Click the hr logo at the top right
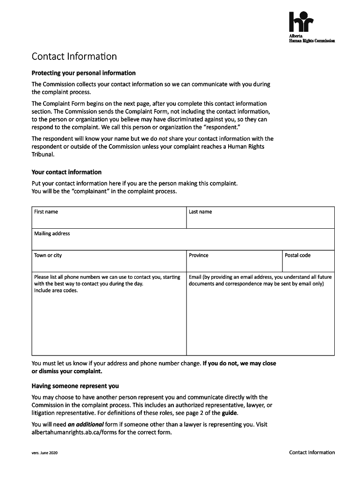pyautogui.click(x=301, y=22)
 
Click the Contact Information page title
pyautogui.click(x=74, y=57)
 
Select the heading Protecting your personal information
pyautogui.click(x=83, y=73)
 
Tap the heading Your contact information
pyautogui.click(x=66, y=172)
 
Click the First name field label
pyautogui.click(x=46, y=212)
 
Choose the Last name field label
pyautogui.click(x=200, y=212)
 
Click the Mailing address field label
pyautogui.click(x=52, y=233)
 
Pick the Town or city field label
pyautogui.click(x=48, y=255)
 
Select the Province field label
pyautogui.click(x=199, y=255)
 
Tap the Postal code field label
pyautogui.click(x=297, y=255)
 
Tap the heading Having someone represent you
pyautogui.click(x=75, y=386)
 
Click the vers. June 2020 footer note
pyautogui.click(x=44, y=453)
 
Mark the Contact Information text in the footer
pyautogui.click(x=312, y=452)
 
